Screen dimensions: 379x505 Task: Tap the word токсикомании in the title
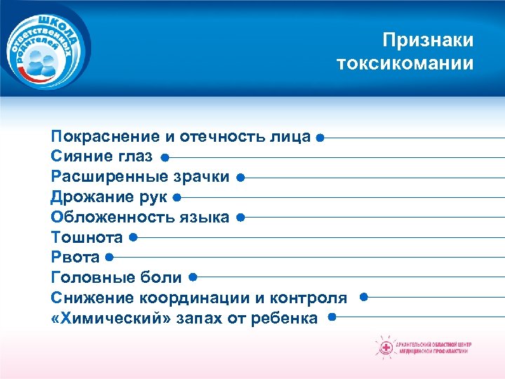coord(405,64)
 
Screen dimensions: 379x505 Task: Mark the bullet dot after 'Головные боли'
coord(192,278)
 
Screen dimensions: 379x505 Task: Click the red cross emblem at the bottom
coord(384,347)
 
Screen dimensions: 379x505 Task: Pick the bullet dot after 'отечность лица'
coord(319,138)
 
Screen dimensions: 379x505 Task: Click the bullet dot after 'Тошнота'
coord(133,238)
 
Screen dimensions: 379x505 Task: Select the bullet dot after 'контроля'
coord(363,297)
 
